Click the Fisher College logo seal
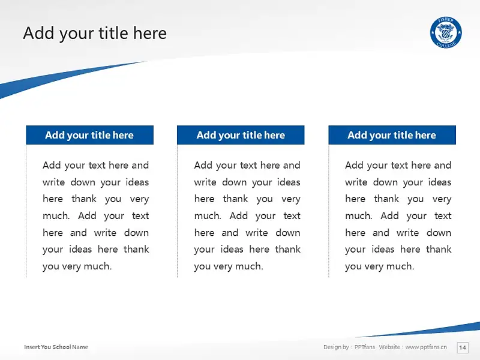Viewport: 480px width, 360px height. (446, 32)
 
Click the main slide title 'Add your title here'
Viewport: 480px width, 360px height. (95, 34)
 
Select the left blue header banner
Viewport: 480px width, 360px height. (89, 135)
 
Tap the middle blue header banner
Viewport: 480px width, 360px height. (241, 135)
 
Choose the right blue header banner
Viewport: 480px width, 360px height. (392, 135)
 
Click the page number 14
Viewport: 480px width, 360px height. (463, 347)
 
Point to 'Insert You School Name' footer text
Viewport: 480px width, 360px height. (56, 347)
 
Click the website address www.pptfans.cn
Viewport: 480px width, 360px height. (426, 347)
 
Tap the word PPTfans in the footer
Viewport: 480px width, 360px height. (365, 347)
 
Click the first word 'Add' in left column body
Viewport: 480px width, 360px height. (52, 165)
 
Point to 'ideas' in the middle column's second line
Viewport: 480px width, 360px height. (289, 182)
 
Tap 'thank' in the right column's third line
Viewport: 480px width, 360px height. (386, 199)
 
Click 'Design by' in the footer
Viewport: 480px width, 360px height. (336, 347)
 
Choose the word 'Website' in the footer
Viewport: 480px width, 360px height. (389, 347)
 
